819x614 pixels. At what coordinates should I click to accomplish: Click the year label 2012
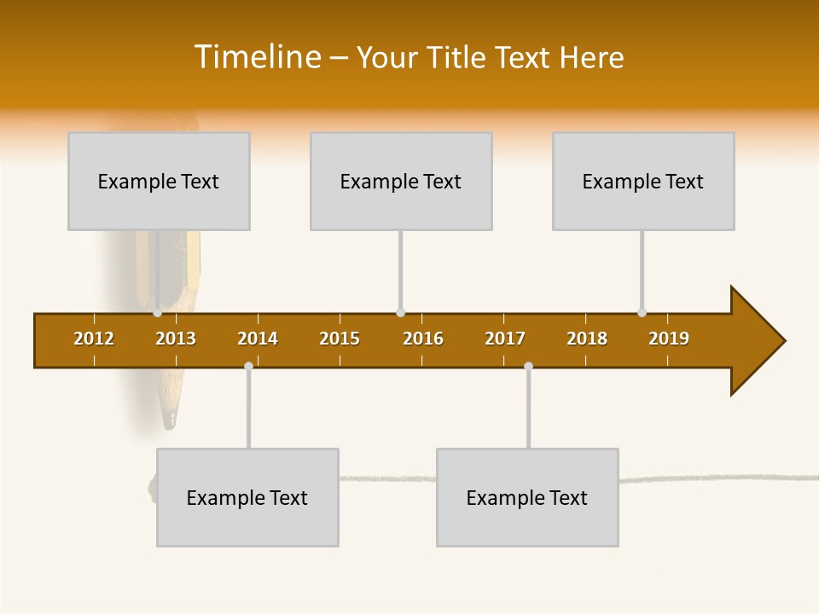[94, 339]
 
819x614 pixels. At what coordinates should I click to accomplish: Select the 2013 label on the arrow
[176, 339]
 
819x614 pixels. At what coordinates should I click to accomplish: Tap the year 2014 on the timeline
[258, 339]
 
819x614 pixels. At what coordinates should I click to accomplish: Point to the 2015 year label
[340, 339]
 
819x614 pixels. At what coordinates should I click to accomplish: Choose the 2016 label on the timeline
[423, 339]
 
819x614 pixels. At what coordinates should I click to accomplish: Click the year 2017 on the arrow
[505, 339]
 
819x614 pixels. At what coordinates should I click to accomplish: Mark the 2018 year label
[587, 339]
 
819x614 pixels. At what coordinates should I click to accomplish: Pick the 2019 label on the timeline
[669, 339]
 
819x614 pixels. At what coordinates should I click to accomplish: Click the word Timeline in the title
[256, 57]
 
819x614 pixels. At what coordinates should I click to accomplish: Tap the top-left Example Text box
[159, 181]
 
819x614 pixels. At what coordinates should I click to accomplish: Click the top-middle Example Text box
[401, 181]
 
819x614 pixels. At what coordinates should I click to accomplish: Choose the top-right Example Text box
[643, 181]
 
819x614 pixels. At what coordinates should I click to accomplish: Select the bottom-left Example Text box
[247, 497]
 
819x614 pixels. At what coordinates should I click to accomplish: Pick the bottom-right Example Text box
[527, 497]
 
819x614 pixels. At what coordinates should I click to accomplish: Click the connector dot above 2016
[401, 313]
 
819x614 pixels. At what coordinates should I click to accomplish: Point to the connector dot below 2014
[248, 366]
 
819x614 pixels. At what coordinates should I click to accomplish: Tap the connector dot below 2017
[528, 366]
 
